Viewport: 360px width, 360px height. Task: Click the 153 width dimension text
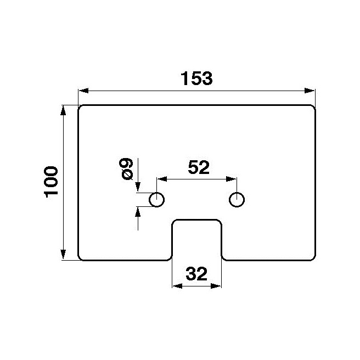196,78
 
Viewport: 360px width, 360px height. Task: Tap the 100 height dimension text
51,182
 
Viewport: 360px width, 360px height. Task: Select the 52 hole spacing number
199,167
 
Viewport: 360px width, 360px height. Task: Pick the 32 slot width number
196,274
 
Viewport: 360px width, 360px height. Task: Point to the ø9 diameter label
126,169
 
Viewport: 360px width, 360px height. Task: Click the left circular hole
156,200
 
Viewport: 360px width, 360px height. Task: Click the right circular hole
237,200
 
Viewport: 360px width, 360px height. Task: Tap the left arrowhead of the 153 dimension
83,91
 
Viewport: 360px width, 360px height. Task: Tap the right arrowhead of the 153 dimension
310,91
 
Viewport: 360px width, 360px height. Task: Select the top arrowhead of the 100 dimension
63,110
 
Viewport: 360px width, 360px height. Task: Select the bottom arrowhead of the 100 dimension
63,255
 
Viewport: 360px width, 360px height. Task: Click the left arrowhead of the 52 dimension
162,179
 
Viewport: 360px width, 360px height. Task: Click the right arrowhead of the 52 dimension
231,179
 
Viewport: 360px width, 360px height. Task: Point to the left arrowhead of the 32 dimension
177,286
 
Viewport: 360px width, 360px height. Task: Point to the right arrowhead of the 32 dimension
216,286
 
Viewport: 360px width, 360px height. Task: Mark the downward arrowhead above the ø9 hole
138,187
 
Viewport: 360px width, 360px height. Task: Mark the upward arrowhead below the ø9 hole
138,212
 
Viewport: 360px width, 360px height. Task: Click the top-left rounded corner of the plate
80,108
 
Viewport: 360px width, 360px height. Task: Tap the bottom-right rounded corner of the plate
313,258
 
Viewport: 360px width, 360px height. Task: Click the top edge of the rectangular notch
197,220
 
